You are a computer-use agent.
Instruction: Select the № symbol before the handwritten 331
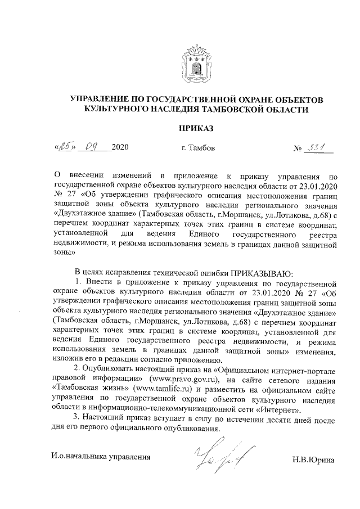(x=298, y=149)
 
